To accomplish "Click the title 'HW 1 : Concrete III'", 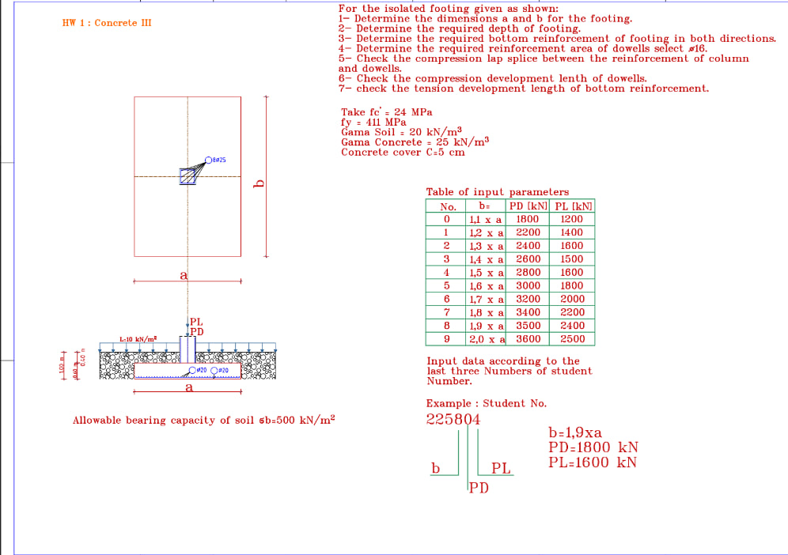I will (107, 23).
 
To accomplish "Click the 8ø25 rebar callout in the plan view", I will (216, 160).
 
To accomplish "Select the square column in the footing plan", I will (188, 176).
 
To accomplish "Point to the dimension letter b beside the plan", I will (257, 184).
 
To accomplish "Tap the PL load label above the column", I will (196, 322).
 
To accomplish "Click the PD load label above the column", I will (196, 331).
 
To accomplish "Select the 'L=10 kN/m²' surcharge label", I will (138, 339).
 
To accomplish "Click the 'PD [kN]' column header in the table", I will (528, 206).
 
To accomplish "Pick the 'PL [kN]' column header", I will (574, 206).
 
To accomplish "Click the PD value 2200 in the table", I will (528, 232).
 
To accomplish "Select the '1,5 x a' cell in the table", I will (485, 273).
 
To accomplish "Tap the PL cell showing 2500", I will (572, 339).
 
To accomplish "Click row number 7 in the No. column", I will (446, 312).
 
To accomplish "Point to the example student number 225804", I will (453, 419).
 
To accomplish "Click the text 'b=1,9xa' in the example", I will (575, 432).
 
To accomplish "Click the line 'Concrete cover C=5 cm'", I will (403, 153).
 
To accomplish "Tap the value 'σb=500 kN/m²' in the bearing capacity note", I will (297, 420).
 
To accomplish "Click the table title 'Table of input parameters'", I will (497, 192).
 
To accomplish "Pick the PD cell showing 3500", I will (528, 326).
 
